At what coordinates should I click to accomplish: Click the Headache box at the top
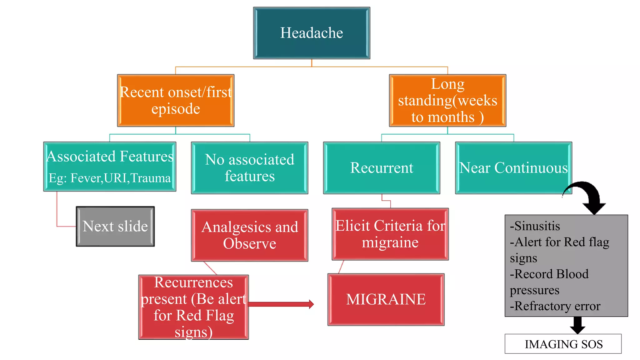(312, 33)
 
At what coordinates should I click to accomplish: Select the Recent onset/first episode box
(176, 101)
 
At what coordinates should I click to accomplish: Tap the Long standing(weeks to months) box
(447, 101)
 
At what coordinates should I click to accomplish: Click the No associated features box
(249, 168)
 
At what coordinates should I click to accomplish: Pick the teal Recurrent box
(382, 168)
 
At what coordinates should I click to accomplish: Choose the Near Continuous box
(513, 168)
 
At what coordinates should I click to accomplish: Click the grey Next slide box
(115, 226)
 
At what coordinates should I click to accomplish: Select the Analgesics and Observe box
(249, 235)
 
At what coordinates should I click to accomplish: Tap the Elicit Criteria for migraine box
(390, 234)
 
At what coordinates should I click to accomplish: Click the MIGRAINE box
(386, 299)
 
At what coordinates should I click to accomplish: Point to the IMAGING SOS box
(563, 344)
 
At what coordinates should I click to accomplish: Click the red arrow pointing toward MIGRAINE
(281, 304)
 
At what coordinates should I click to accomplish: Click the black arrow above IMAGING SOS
(577, 325)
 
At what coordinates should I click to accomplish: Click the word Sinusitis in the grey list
(537, 226)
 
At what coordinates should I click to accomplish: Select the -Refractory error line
(555, 306)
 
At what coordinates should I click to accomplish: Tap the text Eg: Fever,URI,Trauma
(110, 178)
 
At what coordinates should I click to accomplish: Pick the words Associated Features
(110, 157)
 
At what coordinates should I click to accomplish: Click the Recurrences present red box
(193, 307)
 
